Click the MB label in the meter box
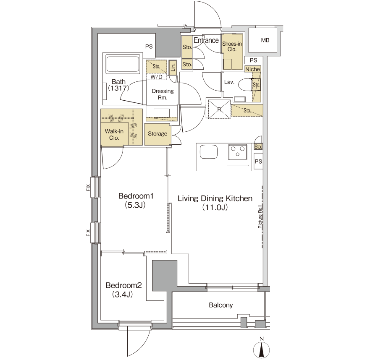pyautogui.click(x=265, y=40)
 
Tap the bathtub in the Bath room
pyautogui.click(x=123, y=64)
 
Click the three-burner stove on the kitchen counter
pyautogui.click(x=238, y=152)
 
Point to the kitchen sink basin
pyautogui.click(x=208, y=152)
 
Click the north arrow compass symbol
pyautogui.click(x=261, y=348)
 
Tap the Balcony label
pyautogui.click(x=221, y=305)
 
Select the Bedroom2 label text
pyautogui.click(x=123, y=285)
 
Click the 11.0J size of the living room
pyautogui.click(x=215, y=207)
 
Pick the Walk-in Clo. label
pyautogui.click(x=114, y=135)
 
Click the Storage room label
pyautogui.click(x=157, y=134)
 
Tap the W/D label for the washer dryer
pyautogui.click(x=157, y=77)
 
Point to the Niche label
pyautogui.click(x=253, y=69)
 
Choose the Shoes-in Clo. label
pyautogui.click(x=232, y=47)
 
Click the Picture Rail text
pyautogui.click(x=260, y=217)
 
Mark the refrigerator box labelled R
pyautogui.click(x=219, y=109)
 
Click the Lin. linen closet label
pyautogui.click(x=173, y=66)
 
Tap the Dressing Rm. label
pyautogui.click(x=163, y=94)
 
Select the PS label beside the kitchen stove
pyautogui.click(x=258, y=162)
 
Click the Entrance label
pyautogui.click(x=206, y=40)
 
